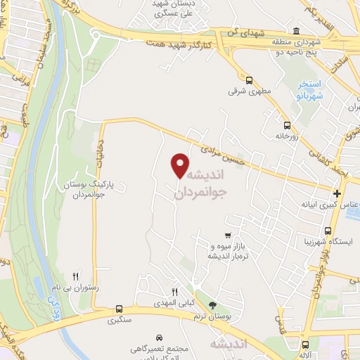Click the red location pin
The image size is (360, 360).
coord(180,165)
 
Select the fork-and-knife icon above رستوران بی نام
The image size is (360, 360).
coord(76,276)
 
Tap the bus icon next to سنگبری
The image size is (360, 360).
coord(119,309)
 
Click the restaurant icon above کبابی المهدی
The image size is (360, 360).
coord(175,292)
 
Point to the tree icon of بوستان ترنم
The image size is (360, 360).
coord(214,305)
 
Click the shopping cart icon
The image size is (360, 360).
coord(226,236)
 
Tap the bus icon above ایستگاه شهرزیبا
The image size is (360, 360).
coord(327,230)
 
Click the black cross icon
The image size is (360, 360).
coord(337,193)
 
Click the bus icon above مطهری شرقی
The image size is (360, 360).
coord(248,79)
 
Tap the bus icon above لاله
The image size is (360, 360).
coord(305,345)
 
